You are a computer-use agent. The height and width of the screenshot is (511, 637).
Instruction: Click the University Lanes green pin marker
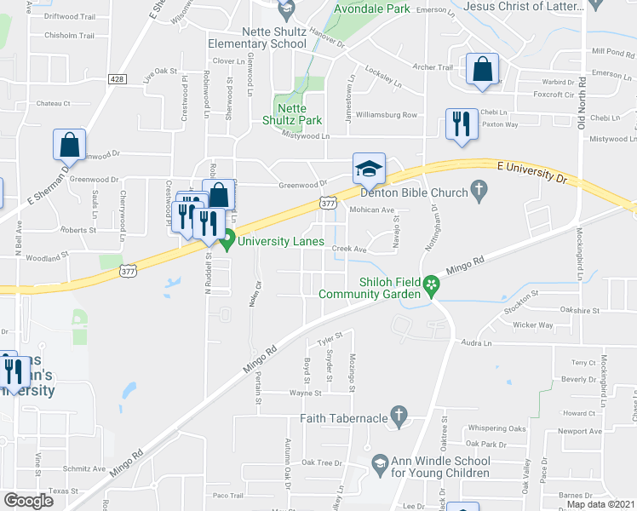tap(227, 241)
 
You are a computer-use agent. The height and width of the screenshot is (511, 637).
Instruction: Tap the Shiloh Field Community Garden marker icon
tap(432, 284)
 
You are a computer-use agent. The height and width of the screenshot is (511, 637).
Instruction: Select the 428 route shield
tap(118, 79)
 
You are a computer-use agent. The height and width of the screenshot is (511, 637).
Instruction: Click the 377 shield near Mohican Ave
tap(329, 203)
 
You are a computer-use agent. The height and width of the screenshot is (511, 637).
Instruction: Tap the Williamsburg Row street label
tap(387, 114)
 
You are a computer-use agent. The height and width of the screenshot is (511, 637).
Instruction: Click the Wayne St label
tap(305, 393)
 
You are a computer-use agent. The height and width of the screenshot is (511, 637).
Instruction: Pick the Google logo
tap(28, 500)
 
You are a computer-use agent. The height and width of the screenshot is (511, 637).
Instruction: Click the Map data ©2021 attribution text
tap(601, 504)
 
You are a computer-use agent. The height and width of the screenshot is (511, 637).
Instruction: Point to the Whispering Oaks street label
tap(502, 428)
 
